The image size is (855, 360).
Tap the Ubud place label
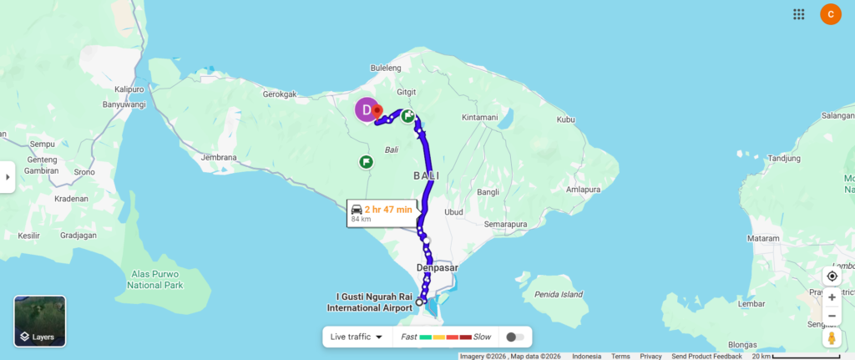(453, 211)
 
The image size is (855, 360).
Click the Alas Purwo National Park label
(156, 279)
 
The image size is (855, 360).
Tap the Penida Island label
(559, 294)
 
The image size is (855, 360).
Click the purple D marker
(366, 109)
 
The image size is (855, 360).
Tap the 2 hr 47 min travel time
(388, 209)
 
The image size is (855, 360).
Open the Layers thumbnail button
(40, 321)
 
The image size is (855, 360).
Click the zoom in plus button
(832, 297)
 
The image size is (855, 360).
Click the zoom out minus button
(832, 316)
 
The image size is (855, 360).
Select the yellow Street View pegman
(832, 338)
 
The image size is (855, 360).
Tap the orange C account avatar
(831, 13)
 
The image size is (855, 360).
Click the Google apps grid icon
(799, 13)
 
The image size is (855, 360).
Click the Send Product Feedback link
(706, 356)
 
